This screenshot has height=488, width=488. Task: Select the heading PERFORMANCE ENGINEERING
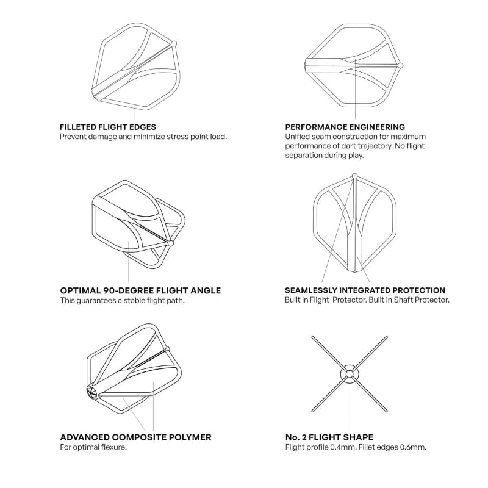click(x=345, y=127)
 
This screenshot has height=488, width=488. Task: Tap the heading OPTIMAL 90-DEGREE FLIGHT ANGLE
click(x=140, y=290)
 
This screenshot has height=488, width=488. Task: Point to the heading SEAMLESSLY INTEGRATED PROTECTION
click(x=365, y=290)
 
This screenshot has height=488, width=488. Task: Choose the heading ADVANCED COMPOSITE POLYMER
click(x=136, y=437)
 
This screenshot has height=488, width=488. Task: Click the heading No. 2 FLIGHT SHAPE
click(x=329, y=437)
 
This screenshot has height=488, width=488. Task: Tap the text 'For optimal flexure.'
click(x=93, y=447)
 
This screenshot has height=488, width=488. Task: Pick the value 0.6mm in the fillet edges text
click(x=414, y=447)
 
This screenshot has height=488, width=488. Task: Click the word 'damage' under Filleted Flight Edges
click(x=104, y=137)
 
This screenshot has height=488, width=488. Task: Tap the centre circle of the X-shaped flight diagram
click(x=350, y=373)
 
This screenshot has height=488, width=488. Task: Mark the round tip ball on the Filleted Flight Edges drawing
click(x=176, y=43)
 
